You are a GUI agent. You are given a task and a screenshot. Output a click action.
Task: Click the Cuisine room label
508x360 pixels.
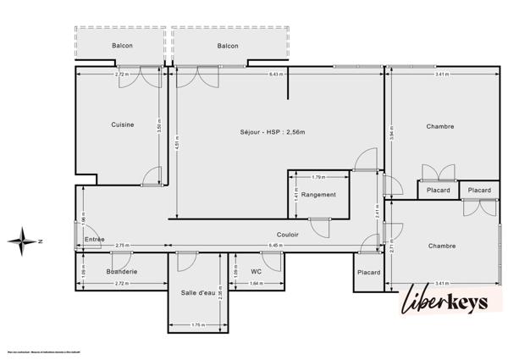coord(122,125)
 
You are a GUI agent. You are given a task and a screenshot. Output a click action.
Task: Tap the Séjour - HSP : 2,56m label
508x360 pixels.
coord(272,132)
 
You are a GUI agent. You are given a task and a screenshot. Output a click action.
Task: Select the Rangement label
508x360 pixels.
coord(318,195)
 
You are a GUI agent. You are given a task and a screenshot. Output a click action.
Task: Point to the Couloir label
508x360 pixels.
coord(288,235)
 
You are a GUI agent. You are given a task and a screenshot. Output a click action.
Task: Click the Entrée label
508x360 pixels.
coord(95,241)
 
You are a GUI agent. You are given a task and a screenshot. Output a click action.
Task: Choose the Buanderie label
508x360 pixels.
coord(122,271)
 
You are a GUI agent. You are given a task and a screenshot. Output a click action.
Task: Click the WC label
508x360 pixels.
coord(256,271)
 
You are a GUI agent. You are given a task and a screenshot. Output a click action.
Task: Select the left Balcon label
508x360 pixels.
coord(122,46)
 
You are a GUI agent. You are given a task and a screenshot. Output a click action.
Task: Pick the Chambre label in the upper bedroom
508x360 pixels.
coord(440,127)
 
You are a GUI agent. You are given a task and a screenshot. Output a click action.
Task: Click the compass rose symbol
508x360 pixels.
coord(25,241)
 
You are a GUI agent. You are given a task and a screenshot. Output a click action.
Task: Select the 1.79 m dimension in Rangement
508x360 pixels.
coord(318,177)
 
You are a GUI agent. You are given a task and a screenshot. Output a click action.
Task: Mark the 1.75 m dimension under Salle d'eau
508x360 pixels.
coord(198,324)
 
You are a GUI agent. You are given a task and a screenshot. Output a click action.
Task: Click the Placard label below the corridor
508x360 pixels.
coord(368,272)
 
